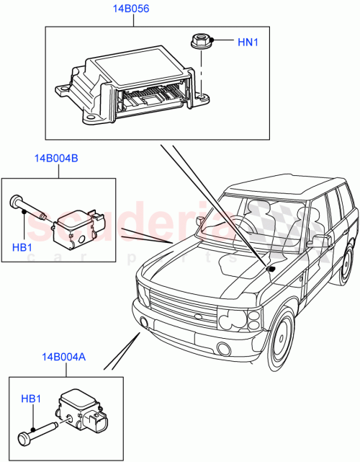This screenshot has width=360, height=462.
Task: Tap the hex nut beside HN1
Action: pos(201,42)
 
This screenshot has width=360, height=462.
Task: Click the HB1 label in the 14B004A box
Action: pos(30,399)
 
